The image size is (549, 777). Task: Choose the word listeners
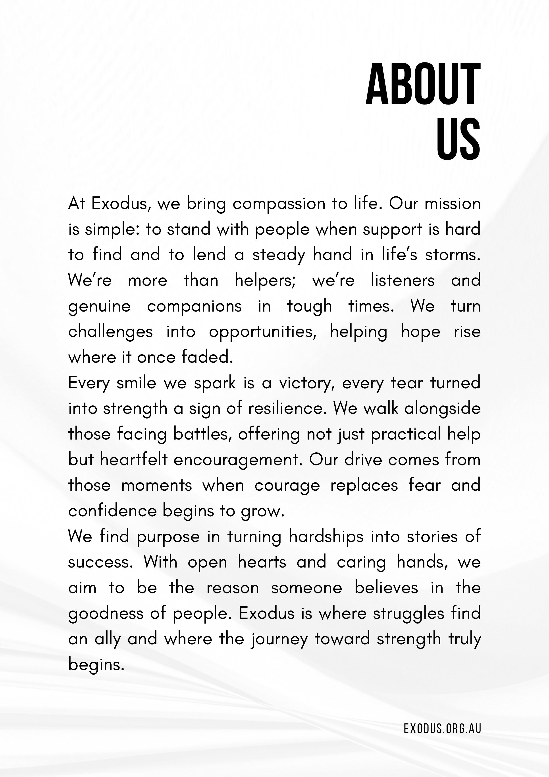click(403, 281)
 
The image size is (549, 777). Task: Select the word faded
click(207, 357)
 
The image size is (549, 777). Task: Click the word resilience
click(287, 409)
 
